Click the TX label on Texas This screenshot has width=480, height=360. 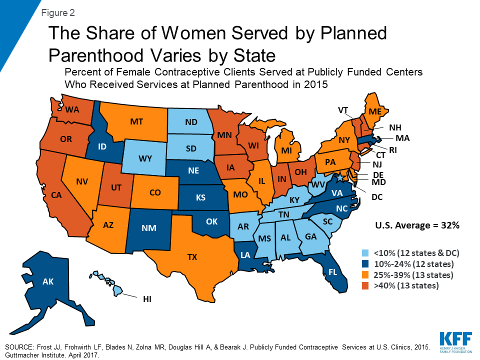point(192,257)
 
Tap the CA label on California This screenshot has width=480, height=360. point(56,195)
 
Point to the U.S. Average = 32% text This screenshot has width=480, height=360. point(417,225)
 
